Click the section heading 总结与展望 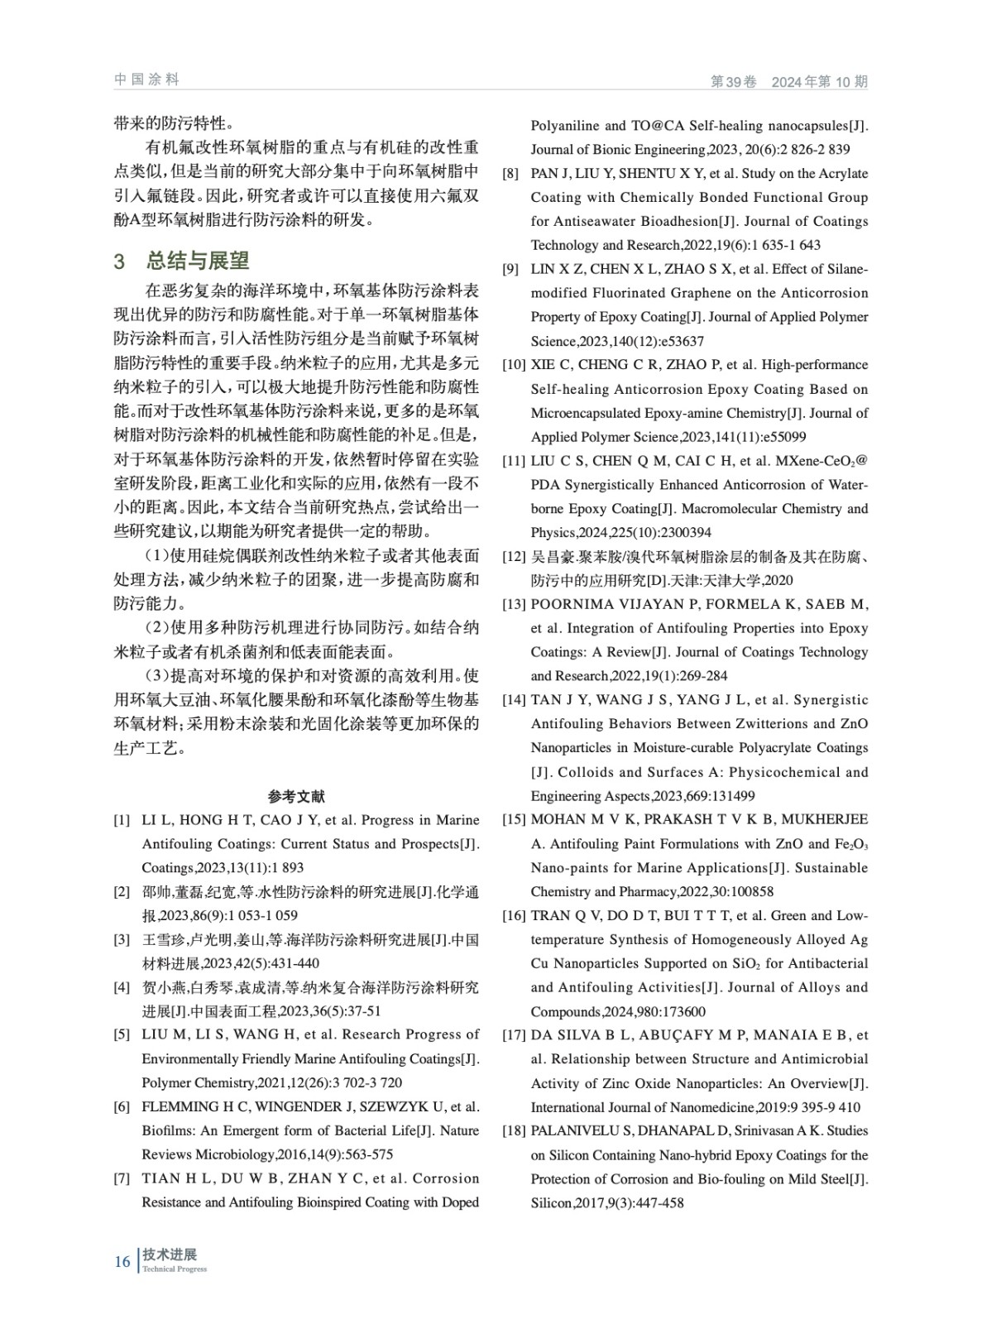(x=198, y=261)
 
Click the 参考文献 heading (x=296, y=796)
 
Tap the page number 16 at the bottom (x=122, y=1261)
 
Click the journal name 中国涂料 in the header (x=146, y=79)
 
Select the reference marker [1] (x=122, y=820)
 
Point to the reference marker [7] (x=122, y=1178)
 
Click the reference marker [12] (x=514, y=557)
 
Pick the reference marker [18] (x=514, y=1130)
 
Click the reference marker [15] (x=514, y=819)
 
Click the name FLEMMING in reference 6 (x=179, y=1106)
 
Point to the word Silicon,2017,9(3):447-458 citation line (x=607, y=1202)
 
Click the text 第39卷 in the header (x=734, y=82)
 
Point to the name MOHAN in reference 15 (x=558, y=819)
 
